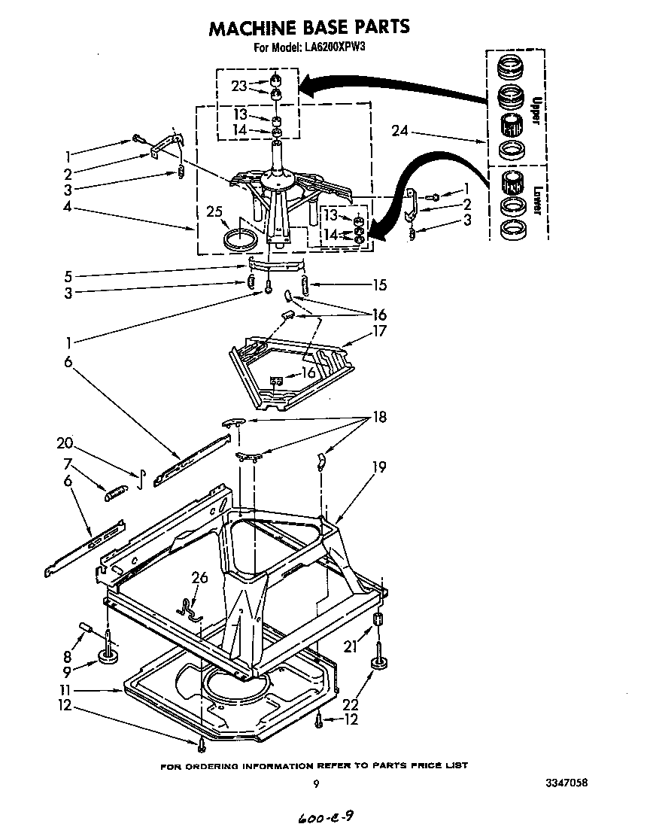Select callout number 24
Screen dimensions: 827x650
click(x=402, y=132)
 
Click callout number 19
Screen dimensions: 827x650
click(x=378, y=467)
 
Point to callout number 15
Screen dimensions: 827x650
click(x=378, y=284)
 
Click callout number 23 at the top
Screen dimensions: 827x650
click(x=238, y=86)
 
